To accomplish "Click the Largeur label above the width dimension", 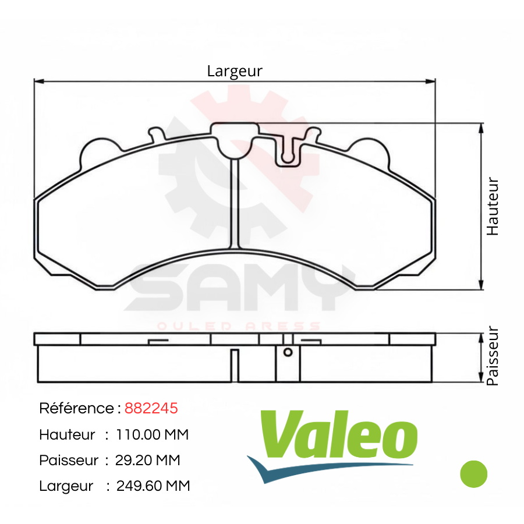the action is [x=235, y=71].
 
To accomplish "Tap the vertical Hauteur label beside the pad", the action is [x=492, y=206].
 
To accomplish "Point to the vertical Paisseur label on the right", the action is [x=492, y=356].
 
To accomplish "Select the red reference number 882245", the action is [x=151, y=408].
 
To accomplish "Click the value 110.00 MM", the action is [x=152, y=434].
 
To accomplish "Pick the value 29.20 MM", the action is [x=147, y=460].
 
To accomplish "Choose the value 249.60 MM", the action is [x=153, y=486].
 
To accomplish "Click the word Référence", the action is [x=76, y=408].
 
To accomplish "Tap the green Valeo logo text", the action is [x=338, y=434].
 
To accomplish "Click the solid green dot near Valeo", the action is [x=473, y=474].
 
